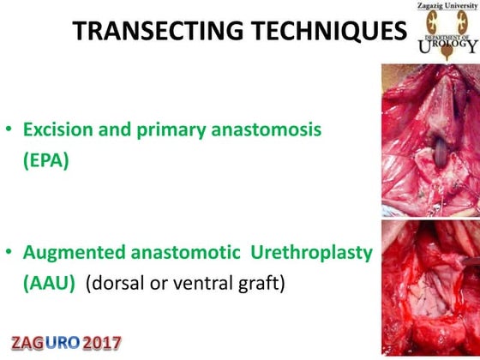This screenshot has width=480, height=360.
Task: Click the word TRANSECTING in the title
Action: pos(152,32)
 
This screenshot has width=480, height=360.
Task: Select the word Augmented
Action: pos(73,254)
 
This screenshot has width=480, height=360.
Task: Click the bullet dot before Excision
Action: pos(9,132)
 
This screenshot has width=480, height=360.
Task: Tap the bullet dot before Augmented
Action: pos(9,254)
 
